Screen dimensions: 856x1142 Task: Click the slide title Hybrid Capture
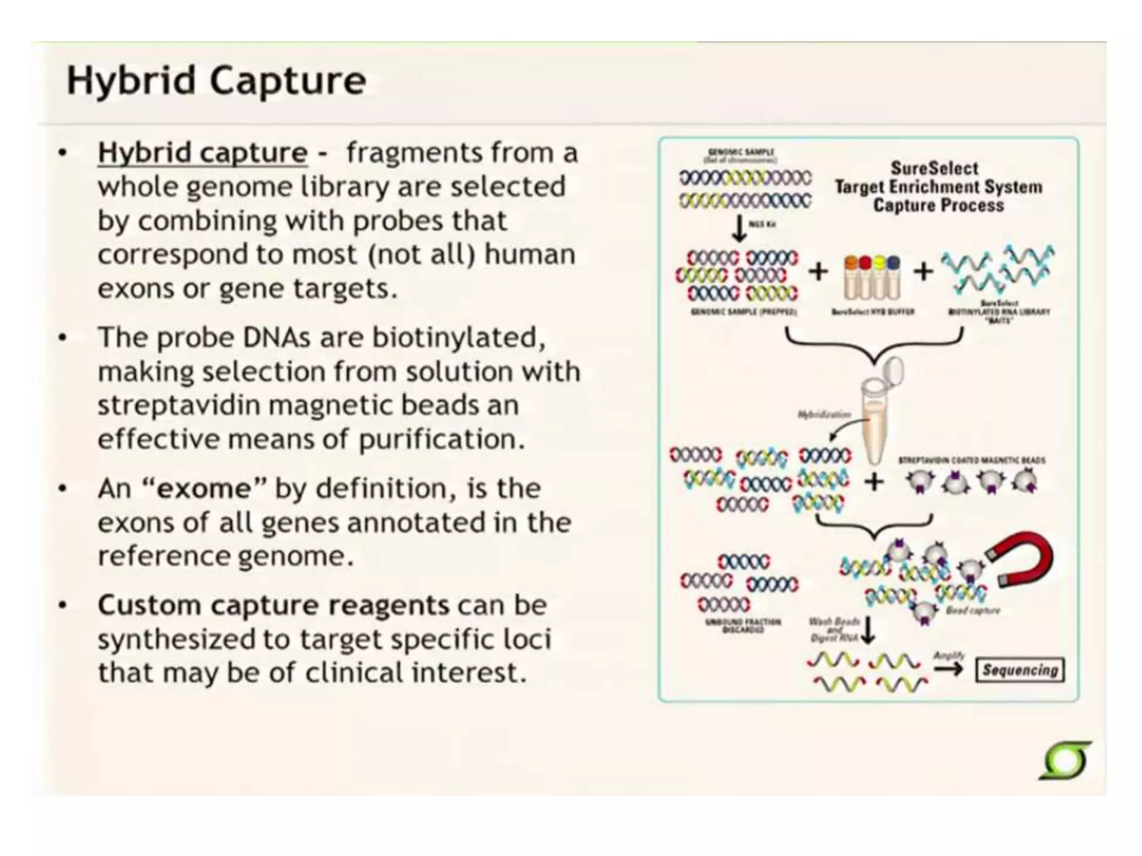(x=216, y=81)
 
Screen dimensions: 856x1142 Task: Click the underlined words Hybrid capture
(x=202, y=153)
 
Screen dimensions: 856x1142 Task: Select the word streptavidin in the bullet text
(x=178, y=405)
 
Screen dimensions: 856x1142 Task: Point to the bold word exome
(x=204, y=489)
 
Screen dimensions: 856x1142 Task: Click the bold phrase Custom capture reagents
(x=273, y=605)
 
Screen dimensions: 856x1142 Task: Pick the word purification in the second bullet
(x=441, y=439)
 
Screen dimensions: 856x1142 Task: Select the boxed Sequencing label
(x=1019, y=670)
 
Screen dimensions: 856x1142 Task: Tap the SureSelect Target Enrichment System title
(x=938, y=187)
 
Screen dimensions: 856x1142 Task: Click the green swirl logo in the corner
(x=1065, y=761)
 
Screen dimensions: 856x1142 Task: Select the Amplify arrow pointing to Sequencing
(x=949, y=668)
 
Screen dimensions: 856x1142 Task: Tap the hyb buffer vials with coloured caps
(x=872, y=278)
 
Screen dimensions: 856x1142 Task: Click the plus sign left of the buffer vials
(x=819, y=271)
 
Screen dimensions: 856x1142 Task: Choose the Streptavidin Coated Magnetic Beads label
(x=971, y=460)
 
